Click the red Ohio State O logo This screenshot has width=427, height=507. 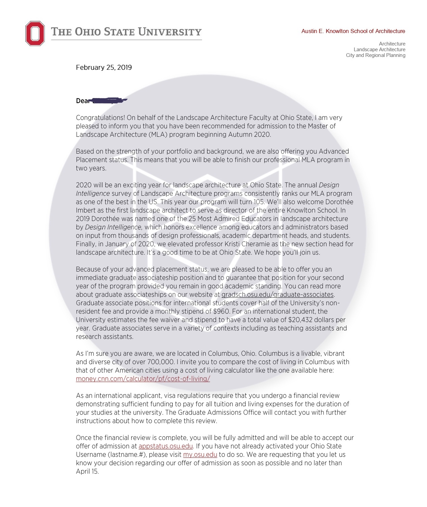point(35,33)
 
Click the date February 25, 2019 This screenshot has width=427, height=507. point(104,67)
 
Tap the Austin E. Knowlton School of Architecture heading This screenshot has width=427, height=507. point(353,31)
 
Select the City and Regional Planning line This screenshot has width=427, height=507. point(375,55)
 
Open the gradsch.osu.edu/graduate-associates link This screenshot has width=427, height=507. point(278,294)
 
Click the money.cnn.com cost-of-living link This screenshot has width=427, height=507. point(143,379)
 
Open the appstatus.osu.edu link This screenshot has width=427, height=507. point(166,446)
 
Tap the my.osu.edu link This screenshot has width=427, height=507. point(200,454)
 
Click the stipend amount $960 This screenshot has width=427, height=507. point(221,311)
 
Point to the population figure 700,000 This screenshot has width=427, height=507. point(161,362)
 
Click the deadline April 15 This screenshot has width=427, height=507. point(87,471)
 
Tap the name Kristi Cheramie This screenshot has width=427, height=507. point(254,244)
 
